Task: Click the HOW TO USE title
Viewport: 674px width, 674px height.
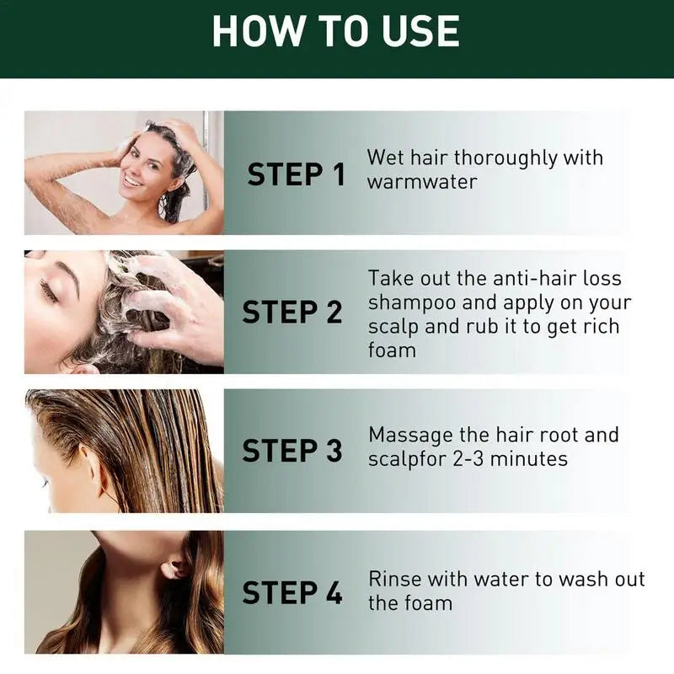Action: point(335,31)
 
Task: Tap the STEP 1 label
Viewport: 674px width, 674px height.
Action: point(297,174)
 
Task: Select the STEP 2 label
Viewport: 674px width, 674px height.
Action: point(292,312)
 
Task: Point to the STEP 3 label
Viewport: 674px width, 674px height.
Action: point(292,451)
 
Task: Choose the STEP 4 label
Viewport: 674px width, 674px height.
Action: point(292,592)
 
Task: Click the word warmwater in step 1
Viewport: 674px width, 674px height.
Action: point(422,182)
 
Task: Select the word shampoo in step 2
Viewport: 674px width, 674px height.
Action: point(412,303)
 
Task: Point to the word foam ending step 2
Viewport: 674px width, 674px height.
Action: point(392,350)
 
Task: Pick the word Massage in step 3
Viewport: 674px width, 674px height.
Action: point(410,436)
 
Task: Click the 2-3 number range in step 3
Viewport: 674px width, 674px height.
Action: point(468,459)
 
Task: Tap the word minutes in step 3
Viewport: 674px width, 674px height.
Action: point(529,459)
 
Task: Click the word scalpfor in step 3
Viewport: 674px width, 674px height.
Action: point(407,460)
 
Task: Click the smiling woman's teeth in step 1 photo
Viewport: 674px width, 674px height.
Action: point(132,181)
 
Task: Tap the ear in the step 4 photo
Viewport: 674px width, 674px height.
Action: point(174,567)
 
